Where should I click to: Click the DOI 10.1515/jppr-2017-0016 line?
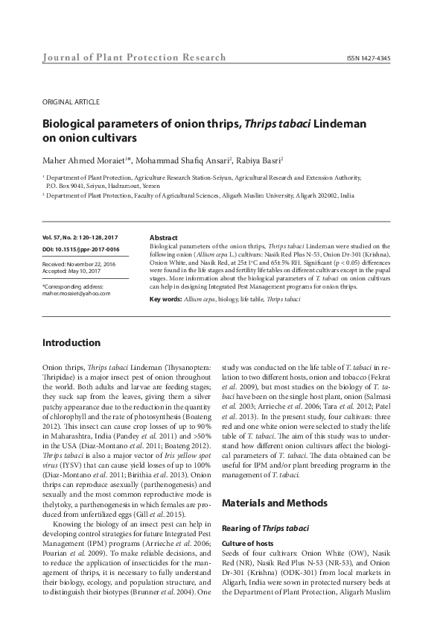(81, 248)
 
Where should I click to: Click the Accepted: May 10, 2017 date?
(73, 271)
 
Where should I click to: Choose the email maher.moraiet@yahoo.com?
(76, 294)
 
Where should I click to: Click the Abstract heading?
(163, 236)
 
